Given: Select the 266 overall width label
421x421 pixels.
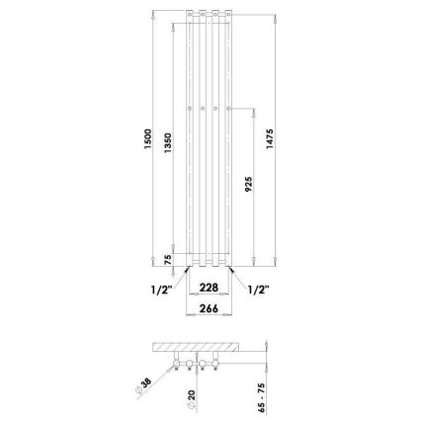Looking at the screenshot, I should click(210, 308).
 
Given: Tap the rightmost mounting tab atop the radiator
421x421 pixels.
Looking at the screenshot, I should click(228, 15).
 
